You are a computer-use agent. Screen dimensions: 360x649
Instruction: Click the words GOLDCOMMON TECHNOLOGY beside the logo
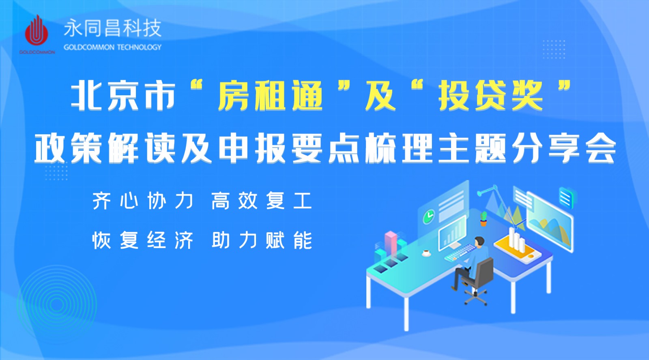tap(112, 47)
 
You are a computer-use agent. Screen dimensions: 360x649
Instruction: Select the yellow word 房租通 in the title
tap(270, 96)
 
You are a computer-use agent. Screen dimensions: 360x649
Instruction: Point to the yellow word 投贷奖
tap(490, 96)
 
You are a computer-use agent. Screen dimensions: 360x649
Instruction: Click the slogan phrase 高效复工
tap(261, 201)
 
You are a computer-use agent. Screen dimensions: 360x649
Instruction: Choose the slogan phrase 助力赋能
tap(261, 240)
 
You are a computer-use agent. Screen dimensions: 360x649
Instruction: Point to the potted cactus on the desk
tap(484, 219)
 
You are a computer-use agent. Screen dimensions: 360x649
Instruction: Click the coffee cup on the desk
tap(426, 253)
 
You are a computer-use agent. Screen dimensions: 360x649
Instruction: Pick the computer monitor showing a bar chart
tap(452, 233)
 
